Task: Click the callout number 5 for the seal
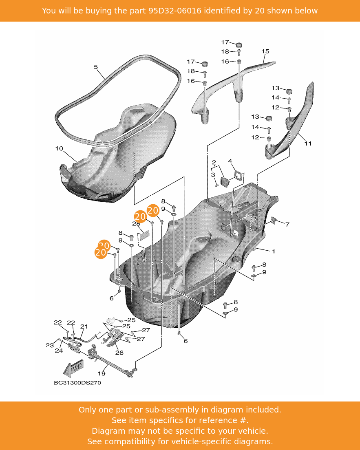pos(96,67)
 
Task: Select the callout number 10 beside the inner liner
pos(59,148)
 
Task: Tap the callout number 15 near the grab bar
pos(265,51)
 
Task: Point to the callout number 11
pos(308,143)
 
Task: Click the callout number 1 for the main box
pos(274,251)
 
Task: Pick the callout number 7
pos(287,225)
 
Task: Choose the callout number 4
pos(230,161)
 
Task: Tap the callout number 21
pos(84,326)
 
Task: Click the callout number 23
pos(49,345)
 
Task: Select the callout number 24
pos(59,351)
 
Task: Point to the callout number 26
pos(119,353)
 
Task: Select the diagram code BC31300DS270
pos(77,383)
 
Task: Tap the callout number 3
pos(213,175)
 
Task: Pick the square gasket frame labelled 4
pos(238,175)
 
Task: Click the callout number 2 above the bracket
pos(214,163)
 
